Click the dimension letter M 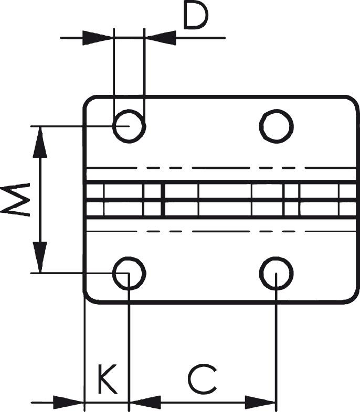[16, 200]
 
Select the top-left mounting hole [129, 126]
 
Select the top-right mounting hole [276, 126]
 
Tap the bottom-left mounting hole [129, 273]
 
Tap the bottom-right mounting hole [276, 273]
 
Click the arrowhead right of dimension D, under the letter [160, 38]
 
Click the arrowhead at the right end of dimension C [261, 403]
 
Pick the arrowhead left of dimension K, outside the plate [69, 403]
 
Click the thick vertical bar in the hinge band [163, 200]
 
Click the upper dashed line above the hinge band [220, 168]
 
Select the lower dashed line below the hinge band [220, 231]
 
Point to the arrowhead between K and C [145, 403]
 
